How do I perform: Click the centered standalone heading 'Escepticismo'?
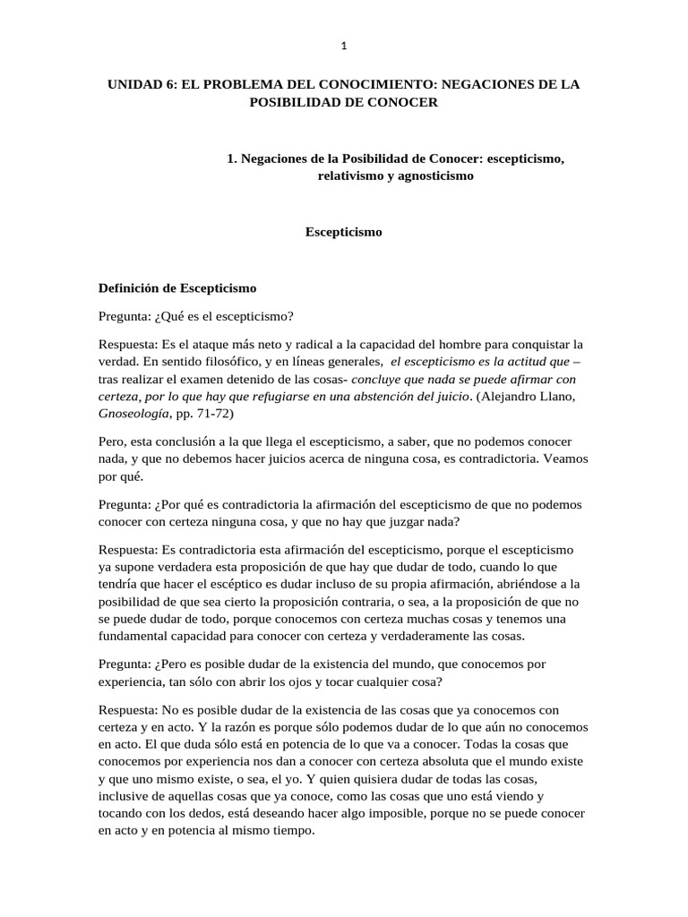(x=344, y=232)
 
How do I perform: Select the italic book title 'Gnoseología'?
(x=131, y=415)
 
